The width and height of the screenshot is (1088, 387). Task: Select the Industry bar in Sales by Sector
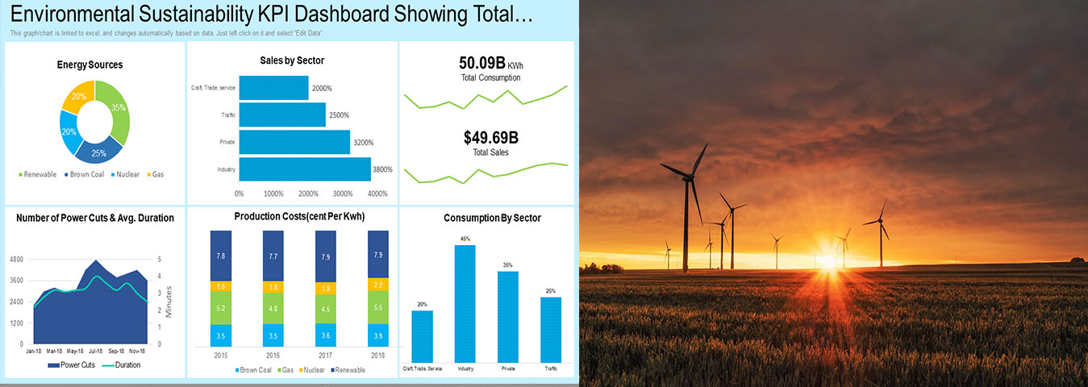click(304, 169)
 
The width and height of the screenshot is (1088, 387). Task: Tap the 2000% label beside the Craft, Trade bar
click(322, 89)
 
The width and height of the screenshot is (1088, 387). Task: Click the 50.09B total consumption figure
click(481, 63)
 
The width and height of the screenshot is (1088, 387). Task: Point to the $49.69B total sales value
click(490, 138)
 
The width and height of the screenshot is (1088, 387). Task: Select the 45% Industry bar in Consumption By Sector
click(465, 303)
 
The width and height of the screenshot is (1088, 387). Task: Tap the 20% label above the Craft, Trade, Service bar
click(422, 304)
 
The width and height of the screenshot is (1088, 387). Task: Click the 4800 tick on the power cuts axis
click(16, 260)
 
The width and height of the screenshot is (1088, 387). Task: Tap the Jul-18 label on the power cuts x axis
click(96, 352)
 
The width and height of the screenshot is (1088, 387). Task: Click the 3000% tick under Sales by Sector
click(342, 193)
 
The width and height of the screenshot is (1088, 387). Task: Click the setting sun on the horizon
click(826, 260)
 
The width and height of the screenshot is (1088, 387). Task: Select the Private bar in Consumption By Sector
click(507, 316)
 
